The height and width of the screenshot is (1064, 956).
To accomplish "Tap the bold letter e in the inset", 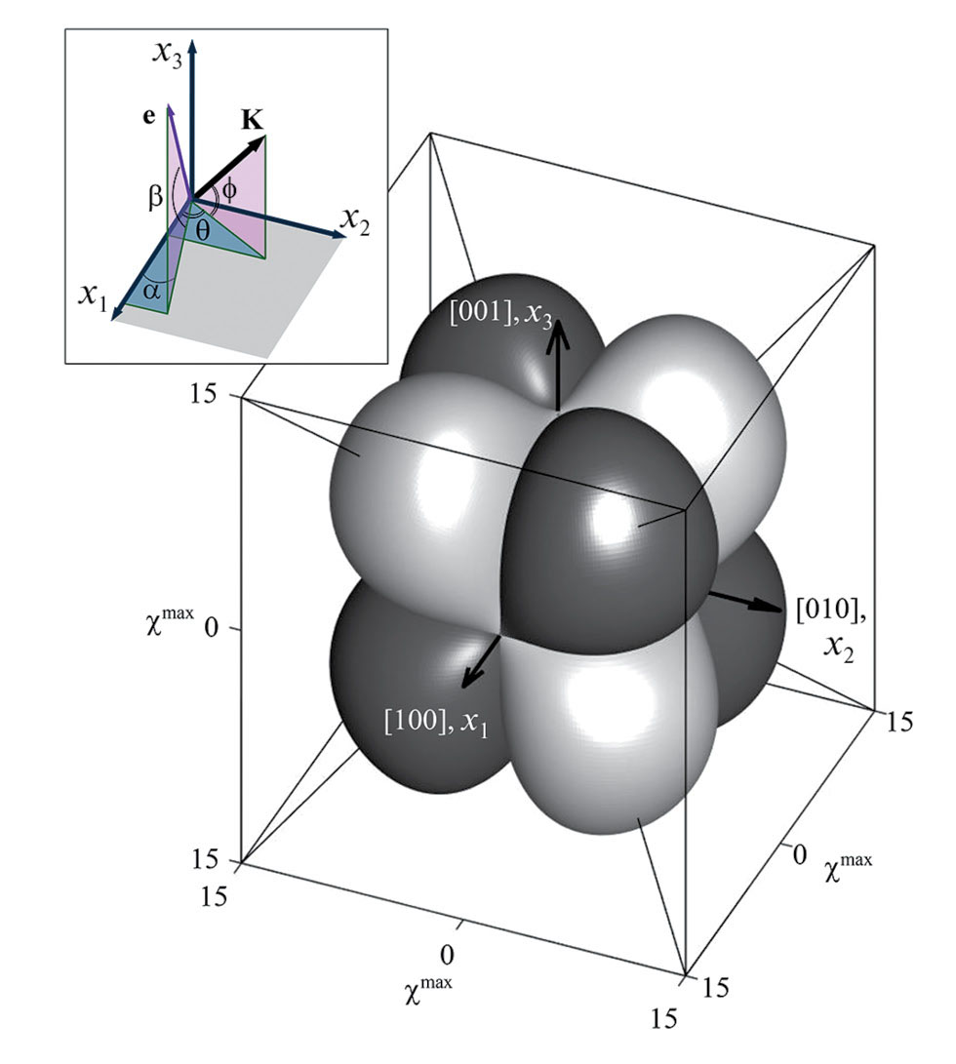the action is [x=148, y=117].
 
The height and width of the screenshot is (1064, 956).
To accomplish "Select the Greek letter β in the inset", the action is [x=155, y=197].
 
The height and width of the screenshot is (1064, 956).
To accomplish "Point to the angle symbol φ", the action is [x=229, y=191].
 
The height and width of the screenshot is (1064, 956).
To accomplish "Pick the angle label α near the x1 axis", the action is [x=152, y=291].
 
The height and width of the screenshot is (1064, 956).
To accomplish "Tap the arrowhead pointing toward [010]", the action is [x=770, y=606].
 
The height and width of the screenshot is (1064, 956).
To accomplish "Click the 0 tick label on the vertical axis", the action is [x=211, y=629].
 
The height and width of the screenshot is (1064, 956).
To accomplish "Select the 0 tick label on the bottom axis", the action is [x=447, y=955].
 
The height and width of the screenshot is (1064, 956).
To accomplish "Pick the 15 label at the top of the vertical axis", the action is [x=202, y=393].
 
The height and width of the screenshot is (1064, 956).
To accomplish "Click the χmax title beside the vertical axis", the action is [x=169, y=621].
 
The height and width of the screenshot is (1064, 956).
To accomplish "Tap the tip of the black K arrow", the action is [x=265, y=136].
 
